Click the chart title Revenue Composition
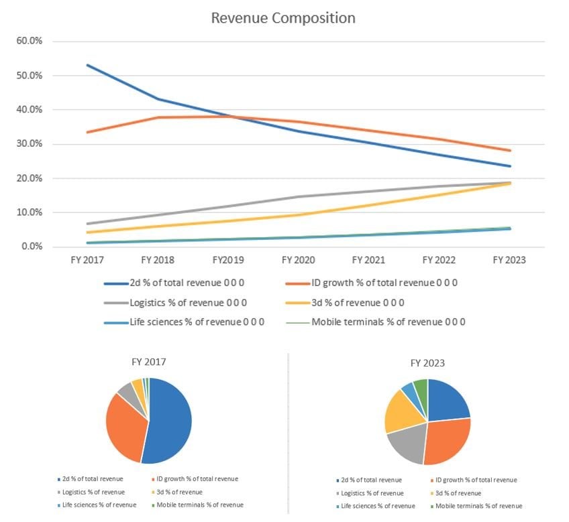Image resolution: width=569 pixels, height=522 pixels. point(283,18)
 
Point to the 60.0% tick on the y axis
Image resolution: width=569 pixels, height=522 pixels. point(29,41)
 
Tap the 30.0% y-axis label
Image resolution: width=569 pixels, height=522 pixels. point(29,144)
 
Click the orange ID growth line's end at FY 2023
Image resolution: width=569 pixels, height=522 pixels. point(510,151)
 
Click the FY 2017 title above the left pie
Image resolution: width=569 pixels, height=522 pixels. point(148,362)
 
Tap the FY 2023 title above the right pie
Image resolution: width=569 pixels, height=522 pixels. point(427,363)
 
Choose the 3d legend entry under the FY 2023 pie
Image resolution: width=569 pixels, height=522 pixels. point(459,493)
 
